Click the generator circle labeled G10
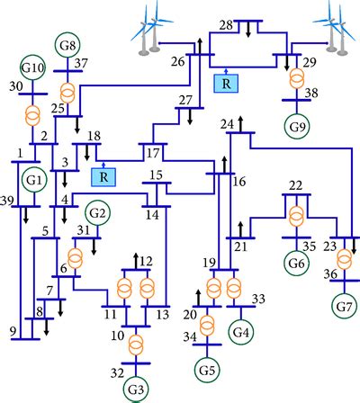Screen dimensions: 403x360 [x=33, y=68]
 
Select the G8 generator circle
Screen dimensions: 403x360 [x=67, y=43]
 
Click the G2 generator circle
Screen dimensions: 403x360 [x=97, y=214]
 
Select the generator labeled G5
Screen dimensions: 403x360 [x=207, y=367]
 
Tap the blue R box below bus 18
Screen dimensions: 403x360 [x=105, y=175]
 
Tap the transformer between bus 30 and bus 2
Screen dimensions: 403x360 [x=33, y=117]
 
